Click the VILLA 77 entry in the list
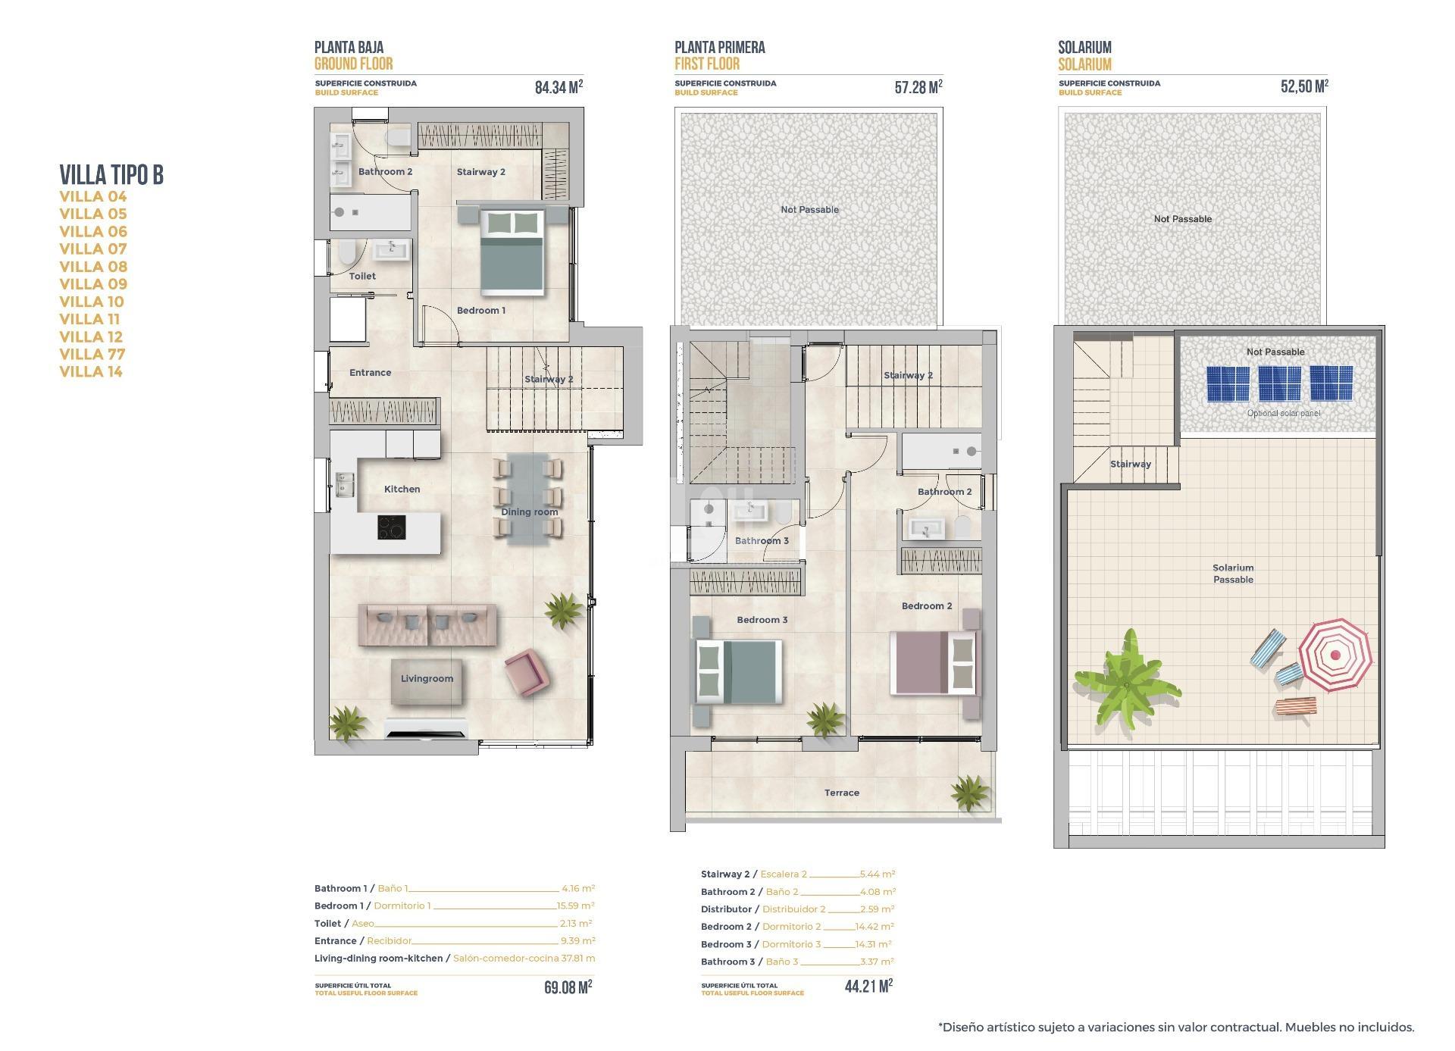point(92,354)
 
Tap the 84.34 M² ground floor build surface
point(559,87)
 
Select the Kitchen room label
point(402,490)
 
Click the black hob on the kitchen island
point(392,527)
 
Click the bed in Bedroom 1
point(514,252)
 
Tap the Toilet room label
point(362,277)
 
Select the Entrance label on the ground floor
point(370,373)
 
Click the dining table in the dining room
point(529,499)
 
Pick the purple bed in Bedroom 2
point(934,662)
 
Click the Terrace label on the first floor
point(841,793)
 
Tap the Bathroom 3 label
point(762,541)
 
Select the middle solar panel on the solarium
point(1279,383)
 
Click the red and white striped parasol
point(1335,654)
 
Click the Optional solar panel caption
point(1283,414)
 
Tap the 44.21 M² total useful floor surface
point(868,986)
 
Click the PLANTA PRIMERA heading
point(719,48)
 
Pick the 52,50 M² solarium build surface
point(1304,86)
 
